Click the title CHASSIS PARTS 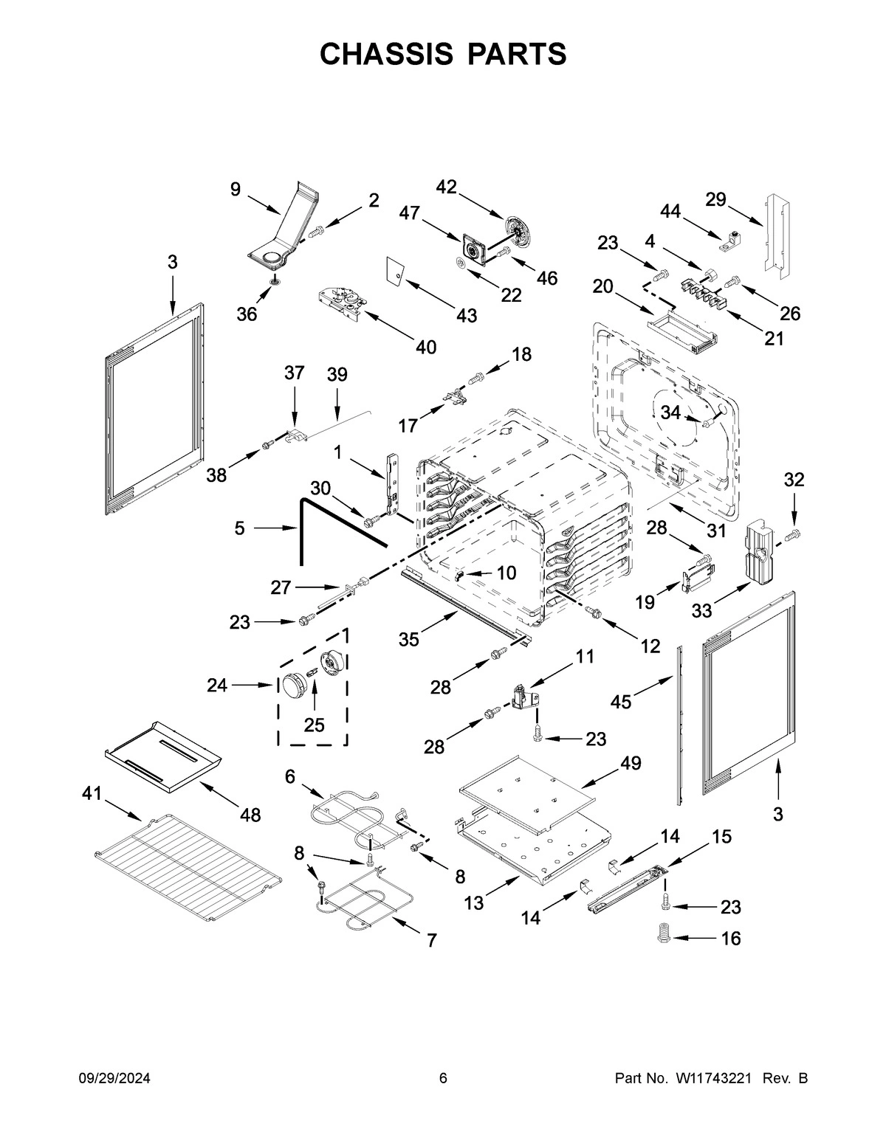(x=443, y=54)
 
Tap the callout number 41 (x=92, y=793)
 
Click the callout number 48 (x=250, y=815)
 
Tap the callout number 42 (x=446, y=187)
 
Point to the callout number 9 (x=235, y=190)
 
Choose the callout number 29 (x=715, y=199)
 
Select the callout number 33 (x=701, y=610)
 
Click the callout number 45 (x=621, y=702)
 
